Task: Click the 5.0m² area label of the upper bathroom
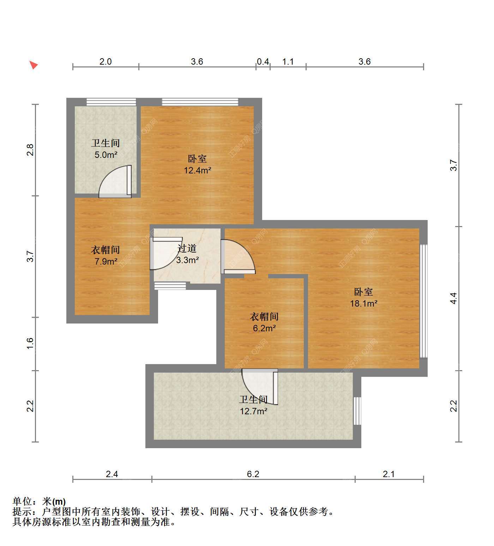106,155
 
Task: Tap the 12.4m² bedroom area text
197,170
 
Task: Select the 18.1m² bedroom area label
364,303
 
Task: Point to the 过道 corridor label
187,248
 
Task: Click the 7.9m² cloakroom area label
106,261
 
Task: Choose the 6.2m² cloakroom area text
264,328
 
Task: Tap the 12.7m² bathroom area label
253,411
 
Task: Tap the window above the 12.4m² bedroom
200,102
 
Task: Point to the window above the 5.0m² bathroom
111,102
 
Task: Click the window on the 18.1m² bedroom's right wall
423,301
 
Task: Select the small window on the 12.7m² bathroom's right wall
357,411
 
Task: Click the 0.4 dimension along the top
263,62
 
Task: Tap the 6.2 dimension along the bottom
253,474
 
